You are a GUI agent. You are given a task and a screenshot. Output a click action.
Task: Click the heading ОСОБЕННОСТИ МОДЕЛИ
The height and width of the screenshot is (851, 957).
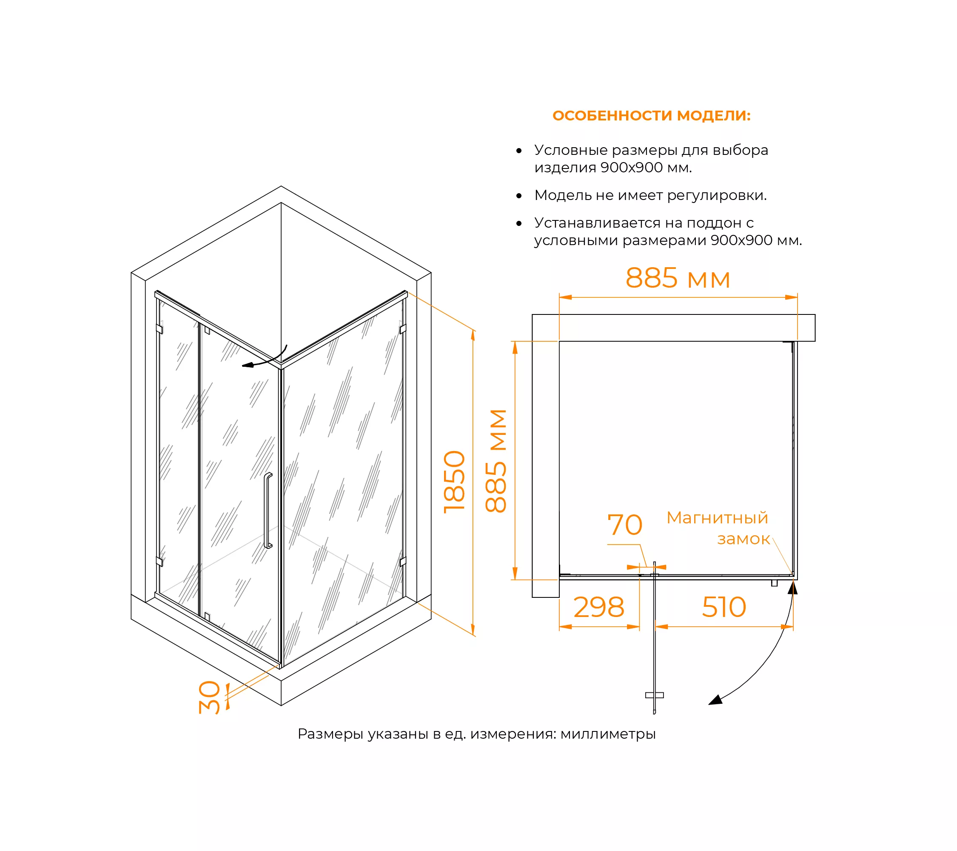651,116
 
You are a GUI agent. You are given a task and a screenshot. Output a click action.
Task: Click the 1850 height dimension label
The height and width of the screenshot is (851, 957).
454,482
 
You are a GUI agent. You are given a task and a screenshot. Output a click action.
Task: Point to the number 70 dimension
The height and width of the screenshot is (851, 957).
624,525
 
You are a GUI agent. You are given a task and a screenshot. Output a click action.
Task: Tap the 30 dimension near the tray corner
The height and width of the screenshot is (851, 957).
209,697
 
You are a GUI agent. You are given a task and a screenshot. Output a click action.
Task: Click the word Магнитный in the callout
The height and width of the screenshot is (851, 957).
717,518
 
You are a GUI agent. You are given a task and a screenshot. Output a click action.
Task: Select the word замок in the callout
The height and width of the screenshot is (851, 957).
743,539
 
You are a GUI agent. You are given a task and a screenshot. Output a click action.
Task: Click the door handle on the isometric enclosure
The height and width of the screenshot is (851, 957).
268,510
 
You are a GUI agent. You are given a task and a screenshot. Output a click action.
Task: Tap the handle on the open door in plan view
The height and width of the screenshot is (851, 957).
654,695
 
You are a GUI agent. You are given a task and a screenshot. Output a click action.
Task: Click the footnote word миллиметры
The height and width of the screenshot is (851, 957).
608,734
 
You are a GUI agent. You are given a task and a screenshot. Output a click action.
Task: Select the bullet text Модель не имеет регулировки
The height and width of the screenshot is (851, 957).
650,195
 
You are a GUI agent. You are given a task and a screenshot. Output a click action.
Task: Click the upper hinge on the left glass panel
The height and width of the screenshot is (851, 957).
159,329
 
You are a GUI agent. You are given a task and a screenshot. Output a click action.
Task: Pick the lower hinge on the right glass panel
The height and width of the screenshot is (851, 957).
403,562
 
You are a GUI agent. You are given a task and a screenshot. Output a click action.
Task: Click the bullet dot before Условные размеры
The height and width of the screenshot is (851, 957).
519,151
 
